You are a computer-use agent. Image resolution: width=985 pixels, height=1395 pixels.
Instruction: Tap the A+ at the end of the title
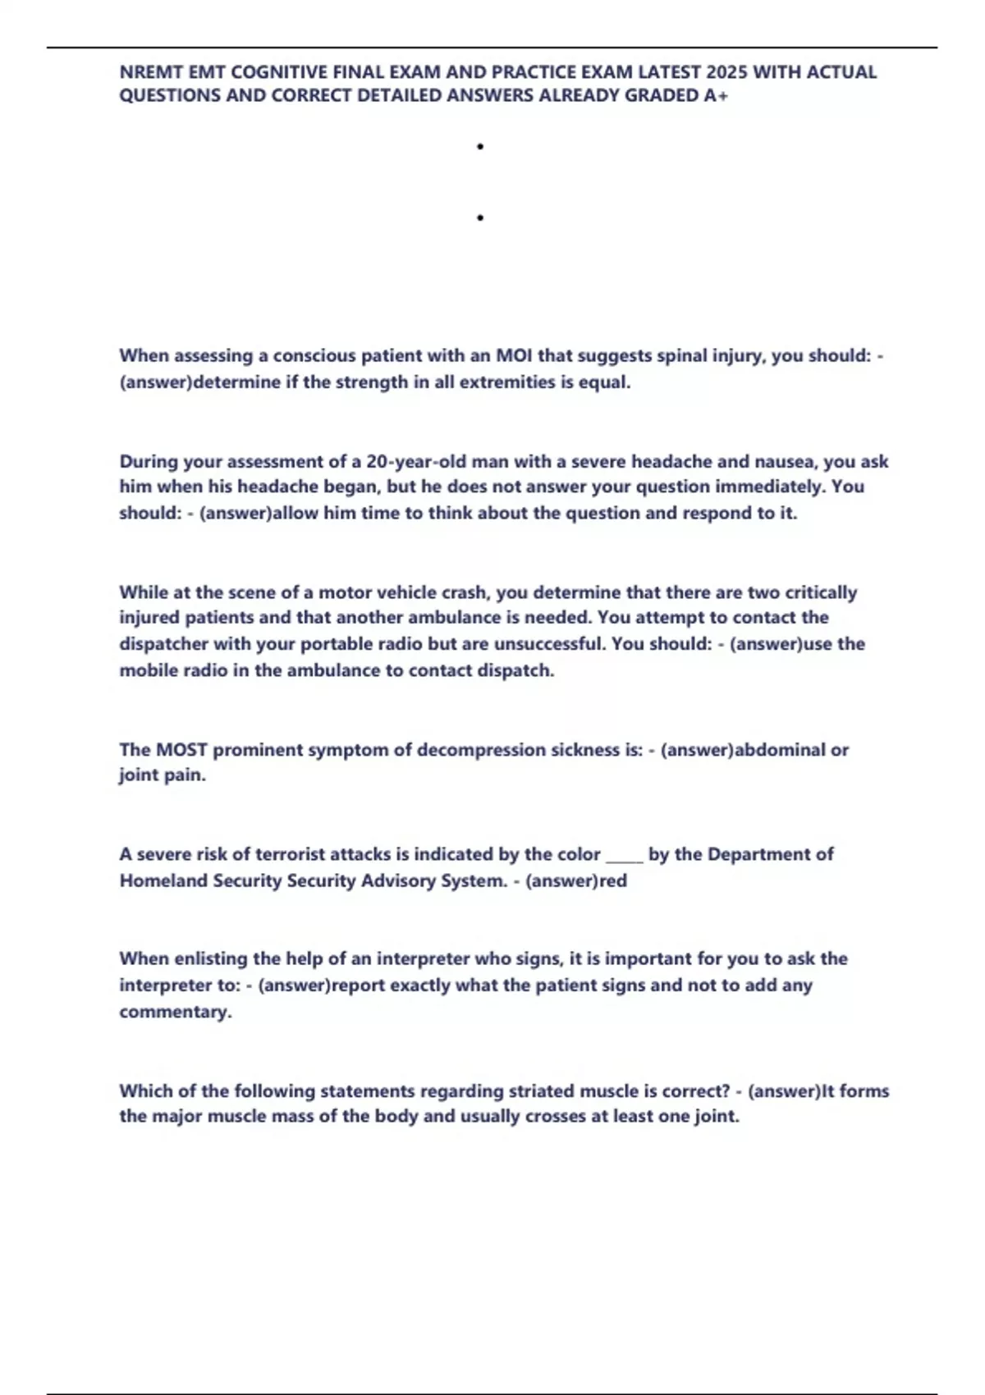(x=715, y=96)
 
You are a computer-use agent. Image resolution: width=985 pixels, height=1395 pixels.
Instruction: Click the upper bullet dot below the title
(x=479, y=147)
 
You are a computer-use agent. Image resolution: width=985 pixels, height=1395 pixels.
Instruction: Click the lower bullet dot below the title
(x=479, y=218)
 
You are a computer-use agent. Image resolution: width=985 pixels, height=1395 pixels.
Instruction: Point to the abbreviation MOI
(x=514, y=356)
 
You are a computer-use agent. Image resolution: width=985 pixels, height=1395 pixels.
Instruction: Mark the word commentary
(x=175, y=1012)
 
